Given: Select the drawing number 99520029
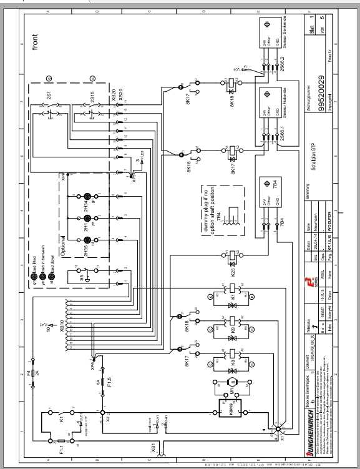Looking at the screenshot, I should click(x=320, y=94).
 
